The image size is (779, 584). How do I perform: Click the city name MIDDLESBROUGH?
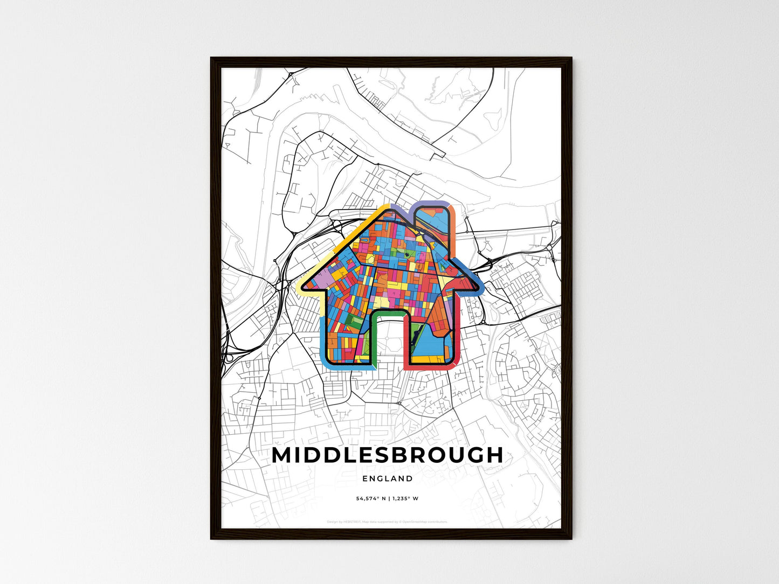(387, 455)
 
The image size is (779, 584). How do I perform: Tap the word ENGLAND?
(388, 478)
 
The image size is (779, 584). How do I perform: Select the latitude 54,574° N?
(370, 499)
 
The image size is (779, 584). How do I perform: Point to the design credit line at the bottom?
(387, 522)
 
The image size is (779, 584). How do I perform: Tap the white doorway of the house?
(388, 339)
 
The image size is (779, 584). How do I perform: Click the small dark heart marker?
(407, 255)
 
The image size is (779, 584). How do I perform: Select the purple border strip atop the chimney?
(431, 203)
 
